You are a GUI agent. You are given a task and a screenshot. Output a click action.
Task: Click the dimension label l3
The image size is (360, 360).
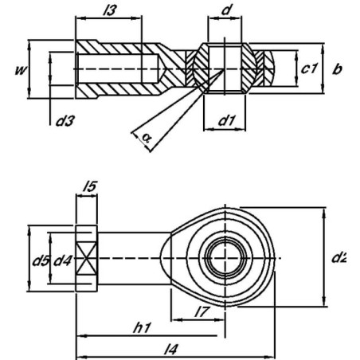coord(109,10)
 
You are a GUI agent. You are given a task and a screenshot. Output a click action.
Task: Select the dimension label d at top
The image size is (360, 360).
coord(226,10)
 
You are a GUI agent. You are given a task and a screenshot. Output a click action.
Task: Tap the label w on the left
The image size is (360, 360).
coord(22,70)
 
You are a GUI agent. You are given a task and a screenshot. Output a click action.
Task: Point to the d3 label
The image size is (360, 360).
coord(65,121)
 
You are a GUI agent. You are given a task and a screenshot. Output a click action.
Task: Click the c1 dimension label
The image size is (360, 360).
coord(309,68)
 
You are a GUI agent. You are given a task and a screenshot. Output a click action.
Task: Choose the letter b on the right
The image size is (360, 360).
coord(337,68)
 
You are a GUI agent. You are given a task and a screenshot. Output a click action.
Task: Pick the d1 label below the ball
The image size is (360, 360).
coord(227,120)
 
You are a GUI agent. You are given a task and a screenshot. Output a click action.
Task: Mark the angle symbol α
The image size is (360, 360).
coord(147,138)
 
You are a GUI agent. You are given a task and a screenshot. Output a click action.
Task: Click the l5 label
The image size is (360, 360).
coord(90,186)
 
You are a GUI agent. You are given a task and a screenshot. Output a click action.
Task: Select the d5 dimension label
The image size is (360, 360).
coord(41,260)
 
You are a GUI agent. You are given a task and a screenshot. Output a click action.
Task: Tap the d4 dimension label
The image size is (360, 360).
coord(63,260)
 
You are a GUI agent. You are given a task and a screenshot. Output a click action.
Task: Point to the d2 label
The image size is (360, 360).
coord(338,257)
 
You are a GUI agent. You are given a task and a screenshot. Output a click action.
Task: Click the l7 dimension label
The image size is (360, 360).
coord(202,311)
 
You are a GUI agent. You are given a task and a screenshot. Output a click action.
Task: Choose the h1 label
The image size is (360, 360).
coord(142,328)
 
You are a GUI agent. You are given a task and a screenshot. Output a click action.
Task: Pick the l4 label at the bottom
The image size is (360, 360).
coord(170,349)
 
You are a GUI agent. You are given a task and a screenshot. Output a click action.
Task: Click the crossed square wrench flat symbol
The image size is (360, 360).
coord(87,258)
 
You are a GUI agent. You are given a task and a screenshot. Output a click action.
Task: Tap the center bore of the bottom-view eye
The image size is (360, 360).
coord(225,258)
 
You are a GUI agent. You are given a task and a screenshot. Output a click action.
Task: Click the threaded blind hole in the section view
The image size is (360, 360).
coord(117,68)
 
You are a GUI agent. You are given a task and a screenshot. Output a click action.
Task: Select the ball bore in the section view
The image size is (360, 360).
coord(225,68)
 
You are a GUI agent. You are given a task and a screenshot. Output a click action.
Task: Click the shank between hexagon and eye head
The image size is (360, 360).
coord(134,258)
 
